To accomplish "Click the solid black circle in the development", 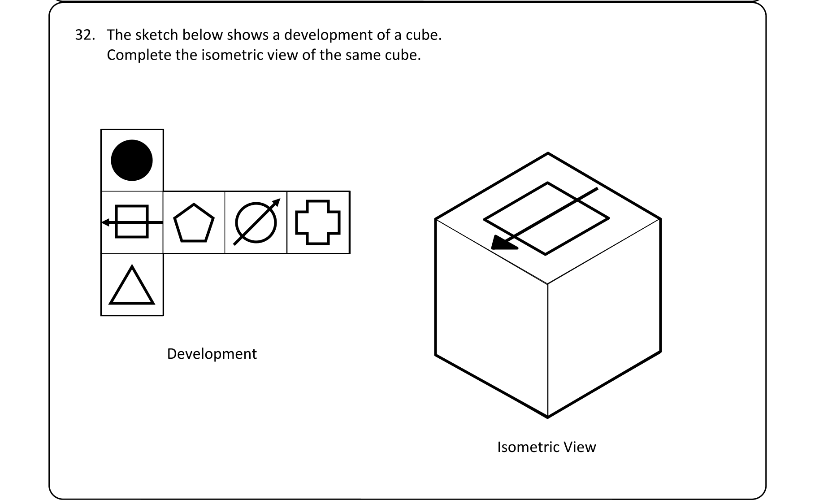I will click(x=132, y=160).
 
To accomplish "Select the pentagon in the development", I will click(x=194, y=224).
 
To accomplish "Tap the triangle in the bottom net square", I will click(x=132, y=287).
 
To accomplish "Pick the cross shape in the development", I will click(x=318, y=222).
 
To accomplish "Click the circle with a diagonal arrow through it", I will click(x=256, y=223).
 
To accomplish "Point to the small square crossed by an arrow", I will click(x=132, y=222).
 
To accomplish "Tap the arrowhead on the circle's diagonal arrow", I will click(x=276, y=202).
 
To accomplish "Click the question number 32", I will click(x=84, y=35).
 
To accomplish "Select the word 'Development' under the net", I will click(x=212, y=354).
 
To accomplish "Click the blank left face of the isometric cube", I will click(x=491, y=318).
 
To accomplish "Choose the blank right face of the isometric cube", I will click(x=604, y=318).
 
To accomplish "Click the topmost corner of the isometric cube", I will click(x=548, y=153).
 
